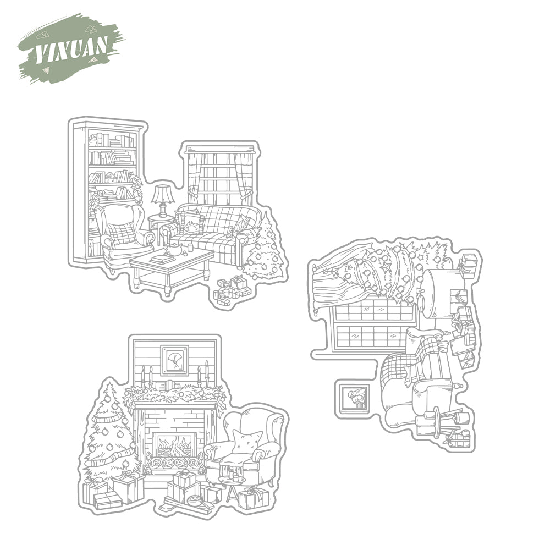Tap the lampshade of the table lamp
163,194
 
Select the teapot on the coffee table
175,249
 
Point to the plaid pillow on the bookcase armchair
122,233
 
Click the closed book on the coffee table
163,259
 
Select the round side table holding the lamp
159,223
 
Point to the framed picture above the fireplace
174,361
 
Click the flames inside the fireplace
174,446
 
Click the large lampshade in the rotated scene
443,294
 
